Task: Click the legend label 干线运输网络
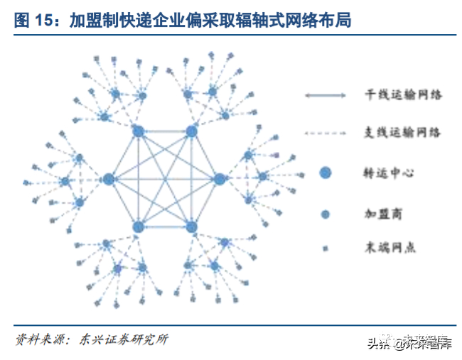pos(402,94)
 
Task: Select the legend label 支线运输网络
pos(402,133)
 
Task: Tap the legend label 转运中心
pos(387,173)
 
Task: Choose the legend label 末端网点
pos(387,248)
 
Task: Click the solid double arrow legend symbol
pos(325,95)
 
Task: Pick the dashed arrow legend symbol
pos(325,133)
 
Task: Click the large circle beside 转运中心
pos(326,173)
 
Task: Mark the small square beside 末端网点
pos(326,248)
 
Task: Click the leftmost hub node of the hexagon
pos(109,179)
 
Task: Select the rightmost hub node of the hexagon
pos(219,179)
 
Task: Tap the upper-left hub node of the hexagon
pos(139,131)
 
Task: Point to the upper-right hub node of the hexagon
pos(190,131)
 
